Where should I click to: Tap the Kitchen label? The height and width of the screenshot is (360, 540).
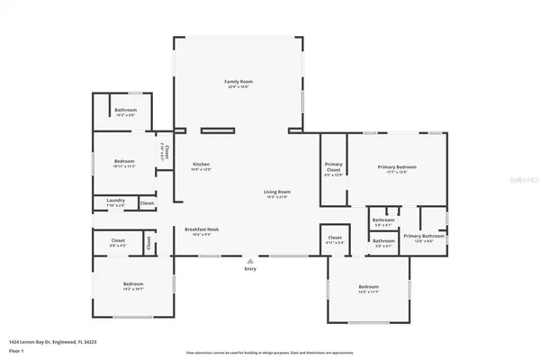point(201,164)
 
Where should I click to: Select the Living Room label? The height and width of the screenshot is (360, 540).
point(276,192)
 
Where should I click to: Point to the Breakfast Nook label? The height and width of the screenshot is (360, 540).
point(202,229)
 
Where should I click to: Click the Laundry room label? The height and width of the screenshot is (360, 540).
point(114,200)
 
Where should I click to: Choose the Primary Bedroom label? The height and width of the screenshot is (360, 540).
point(397,167)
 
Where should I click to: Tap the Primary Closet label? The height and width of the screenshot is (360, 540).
point(334,166)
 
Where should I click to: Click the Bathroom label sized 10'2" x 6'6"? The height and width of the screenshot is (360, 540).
point(125,110)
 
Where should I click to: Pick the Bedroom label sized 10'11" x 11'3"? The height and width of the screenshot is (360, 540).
point(123,164)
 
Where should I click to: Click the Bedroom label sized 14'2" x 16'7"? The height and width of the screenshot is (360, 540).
point(132,284)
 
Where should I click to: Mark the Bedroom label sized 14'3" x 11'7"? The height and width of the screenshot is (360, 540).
point(370,288)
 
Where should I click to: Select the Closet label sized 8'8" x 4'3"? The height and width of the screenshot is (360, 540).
point(118,240)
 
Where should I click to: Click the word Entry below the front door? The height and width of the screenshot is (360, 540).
point(250,268)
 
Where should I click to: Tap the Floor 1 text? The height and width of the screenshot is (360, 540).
point(16,351)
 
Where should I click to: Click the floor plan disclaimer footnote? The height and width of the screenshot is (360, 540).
point(270,351)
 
